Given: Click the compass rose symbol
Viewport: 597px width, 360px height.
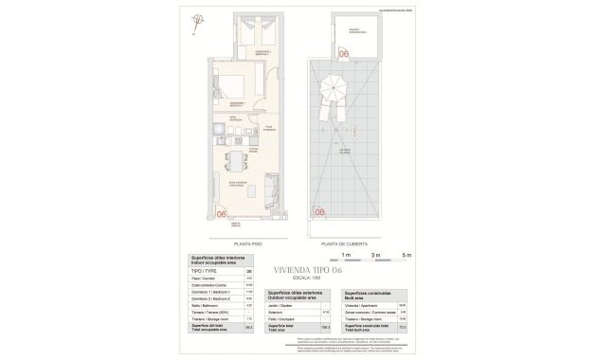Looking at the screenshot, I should click(196, 20).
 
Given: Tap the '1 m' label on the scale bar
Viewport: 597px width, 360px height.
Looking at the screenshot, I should click(346, 255).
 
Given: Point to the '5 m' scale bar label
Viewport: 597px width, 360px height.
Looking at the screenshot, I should click(407, 255).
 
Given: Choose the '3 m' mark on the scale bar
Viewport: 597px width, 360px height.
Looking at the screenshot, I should click(376, 255).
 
